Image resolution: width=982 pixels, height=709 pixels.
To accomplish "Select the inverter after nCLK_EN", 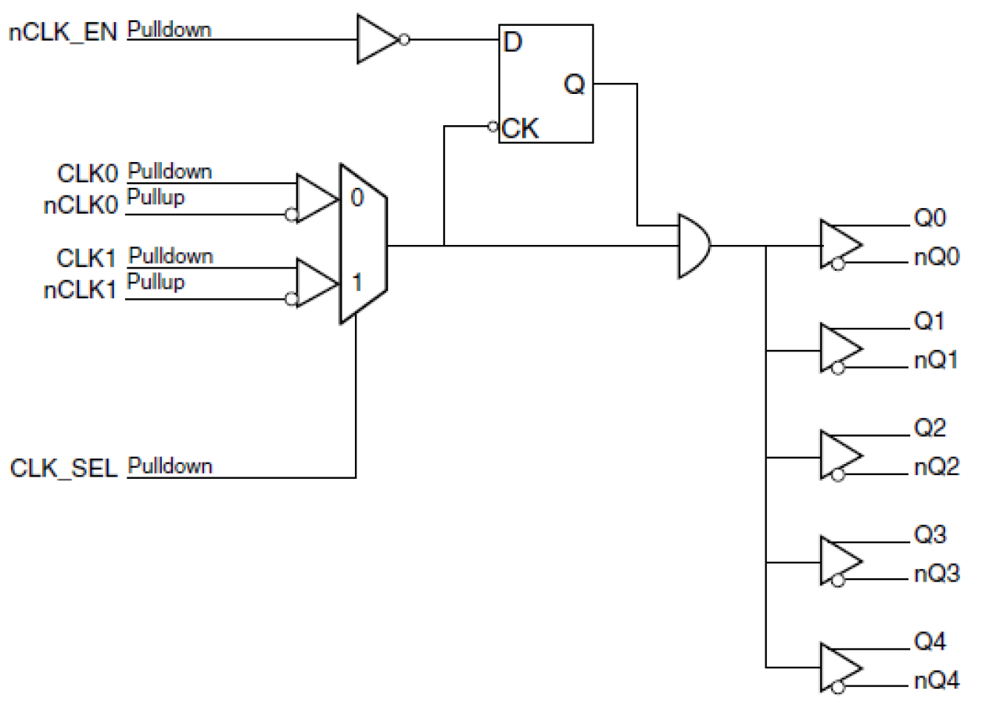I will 378,39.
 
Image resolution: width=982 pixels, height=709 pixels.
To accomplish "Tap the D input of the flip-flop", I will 512,41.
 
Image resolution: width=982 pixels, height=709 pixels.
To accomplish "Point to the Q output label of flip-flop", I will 575,85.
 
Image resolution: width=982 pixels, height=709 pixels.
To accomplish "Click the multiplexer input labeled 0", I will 357,198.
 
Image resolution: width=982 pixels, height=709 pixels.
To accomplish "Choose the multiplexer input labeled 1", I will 357,282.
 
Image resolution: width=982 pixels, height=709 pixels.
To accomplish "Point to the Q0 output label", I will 930,216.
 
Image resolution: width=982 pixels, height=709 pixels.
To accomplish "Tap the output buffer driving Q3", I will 840,562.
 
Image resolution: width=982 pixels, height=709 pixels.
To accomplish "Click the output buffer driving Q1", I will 840,347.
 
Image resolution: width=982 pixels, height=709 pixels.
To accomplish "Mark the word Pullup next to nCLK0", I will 156,197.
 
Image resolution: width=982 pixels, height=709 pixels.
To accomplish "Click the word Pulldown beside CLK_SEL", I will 170,466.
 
